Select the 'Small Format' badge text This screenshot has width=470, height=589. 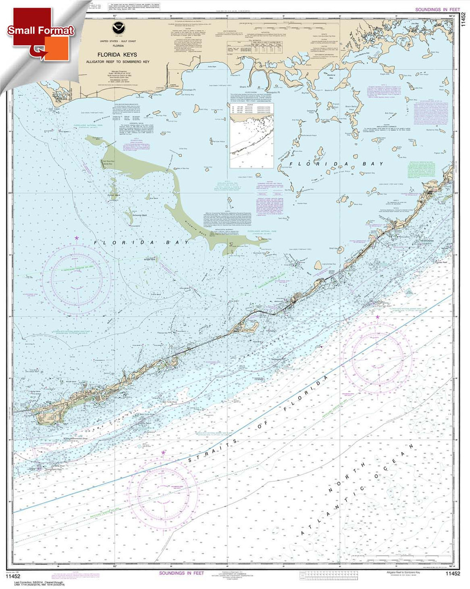[x=40, y=31]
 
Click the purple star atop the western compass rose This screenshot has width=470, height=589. [x=76, y=237]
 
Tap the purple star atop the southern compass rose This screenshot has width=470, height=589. [x=162, y=453]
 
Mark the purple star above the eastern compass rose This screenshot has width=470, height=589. [x=377, y=317]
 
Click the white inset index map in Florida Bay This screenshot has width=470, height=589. [x=251, y=135]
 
